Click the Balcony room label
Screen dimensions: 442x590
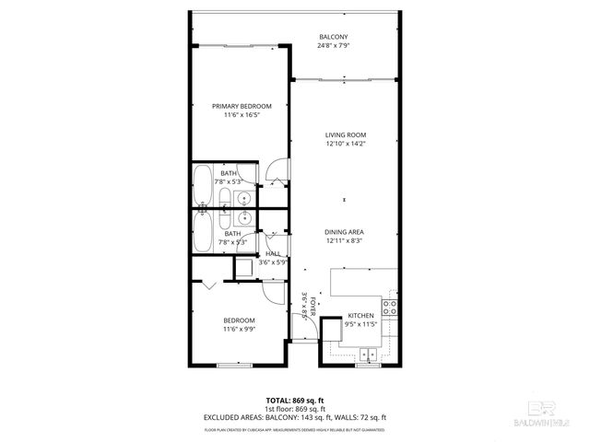(333, 36)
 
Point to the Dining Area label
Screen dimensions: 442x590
(345, 232)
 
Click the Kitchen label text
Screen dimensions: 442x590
(361, 316)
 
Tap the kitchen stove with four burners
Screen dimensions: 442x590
(390, 308)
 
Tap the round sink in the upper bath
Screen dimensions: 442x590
(244, 198)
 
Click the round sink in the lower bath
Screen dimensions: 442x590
(244, 218)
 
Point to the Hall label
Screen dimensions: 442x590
(273, 254)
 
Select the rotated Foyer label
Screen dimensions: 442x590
(313, 306)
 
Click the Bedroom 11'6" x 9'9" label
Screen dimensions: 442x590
(239, 324)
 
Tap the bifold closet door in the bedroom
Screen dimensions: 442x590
(210, 285)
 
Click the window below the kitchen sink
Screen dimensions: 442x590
(369, 365)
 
